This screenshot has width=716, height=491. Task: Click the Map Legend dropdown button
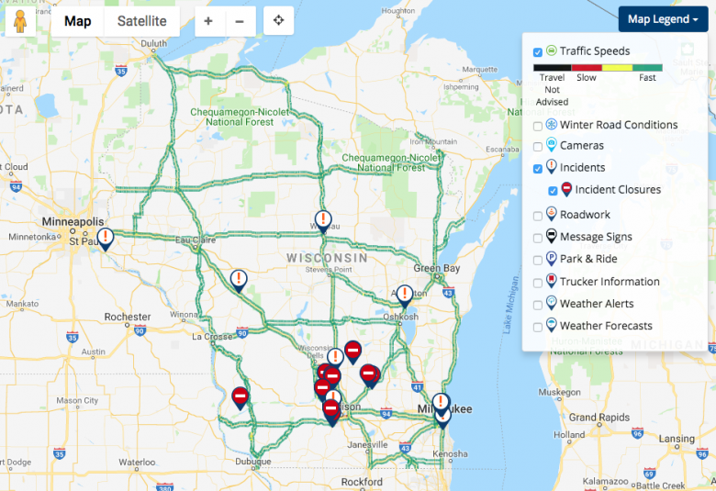point(663,19)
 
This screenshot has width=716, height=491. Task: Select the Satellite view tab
point(141,21)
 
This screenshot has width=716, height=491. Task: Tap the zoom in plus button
point(208,21)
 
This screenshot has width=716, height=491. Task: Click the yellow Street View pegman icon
point(19,20)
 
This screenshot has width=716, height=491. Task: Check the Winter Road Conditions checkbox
point(538,125)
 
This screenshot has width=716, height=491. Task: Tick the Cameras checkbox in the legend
point(538,146)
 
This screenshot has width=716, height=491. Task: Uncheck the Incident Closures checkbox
point(553,191)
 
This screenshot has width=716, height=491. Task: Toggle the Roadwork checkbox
point(538,216)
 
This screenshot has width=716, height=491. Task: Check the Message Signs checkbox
point(538,238)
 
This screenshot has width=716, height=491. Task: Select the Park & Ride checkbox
point(538,260)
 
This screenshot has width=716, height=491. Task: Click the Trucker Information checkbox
point(538,283)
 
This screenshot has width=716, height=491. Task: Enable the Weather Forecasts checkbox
point(538,327)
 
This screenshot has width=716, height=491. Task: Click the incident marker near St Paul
point(106,239)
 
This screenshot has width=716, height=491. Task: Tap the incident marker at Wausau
point(321,220)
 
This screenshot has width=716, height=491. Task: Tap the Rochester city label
point(128,317)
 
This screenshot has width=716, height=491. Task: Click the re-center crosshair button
point(278,21)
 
